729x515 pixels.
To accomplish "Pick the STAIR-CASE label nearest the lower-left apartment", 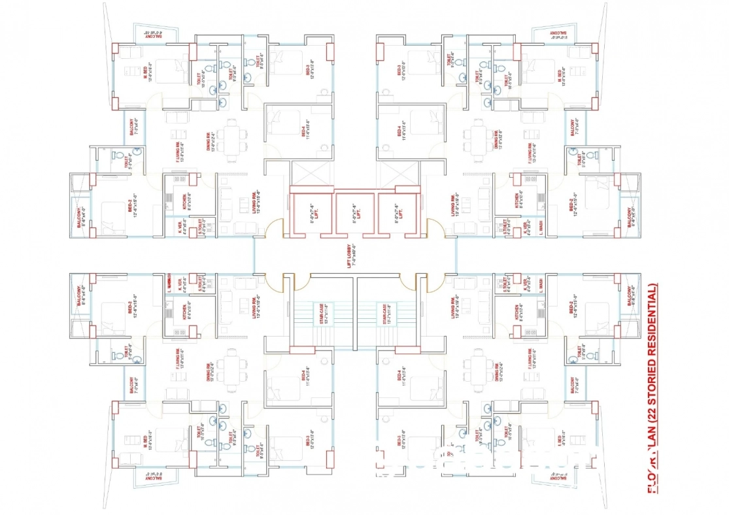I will tap(322, 314).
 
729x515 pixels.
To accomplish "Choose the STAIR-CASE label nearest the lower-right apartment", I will tap(389, 314).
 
